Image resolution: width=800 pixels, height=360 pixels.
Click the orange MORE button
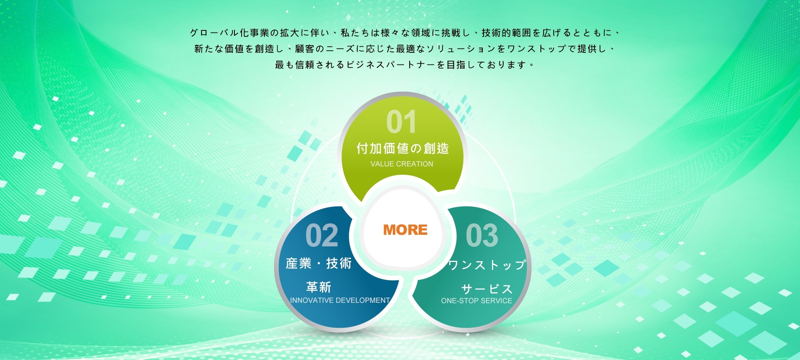coord(405,230)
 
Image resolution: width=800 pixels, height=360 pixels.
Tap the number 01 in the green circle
coord(401,122)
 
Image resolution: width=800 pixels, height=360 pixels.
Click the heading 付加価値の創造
coord(402,148)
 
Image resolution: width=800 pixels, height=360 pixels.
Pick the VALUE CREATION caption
coord(402,164)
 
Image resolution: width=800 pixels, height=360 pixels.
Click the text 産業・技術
coord(319,263)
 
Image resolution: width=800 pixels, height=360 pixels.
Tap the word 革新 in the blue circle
coord(319,287)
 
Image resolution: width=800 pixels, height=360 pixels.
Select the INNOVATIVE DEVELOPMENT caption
coord(340,300)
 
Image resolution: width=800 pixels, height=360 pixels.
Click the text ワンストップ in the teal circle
coord(487,265)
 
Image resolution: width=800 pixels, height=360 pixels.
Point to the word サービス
coord(487,289)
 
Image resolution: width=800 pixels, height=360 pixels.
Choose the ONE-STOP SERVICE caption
coord(476,301)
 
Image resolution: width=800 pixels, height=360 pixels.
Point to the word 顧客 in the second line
coord(305,49)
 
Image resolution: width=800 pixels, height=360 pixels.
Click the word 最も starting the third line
coord(285,65)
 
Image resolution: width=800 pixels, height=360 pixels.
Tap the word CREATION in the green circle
coord(414,164)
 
